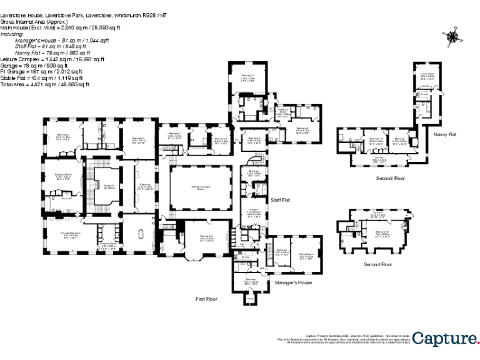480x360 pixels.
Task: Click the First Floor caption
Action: point(207,299)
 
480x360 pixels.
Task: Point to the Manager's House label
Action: point(293,282)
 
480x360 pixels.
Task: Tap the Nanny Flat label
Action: point(444,133)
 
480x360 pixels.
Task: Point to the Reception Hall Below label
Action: point(108,187)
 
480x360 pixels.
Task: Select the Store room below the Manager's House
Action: point(250,299)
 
